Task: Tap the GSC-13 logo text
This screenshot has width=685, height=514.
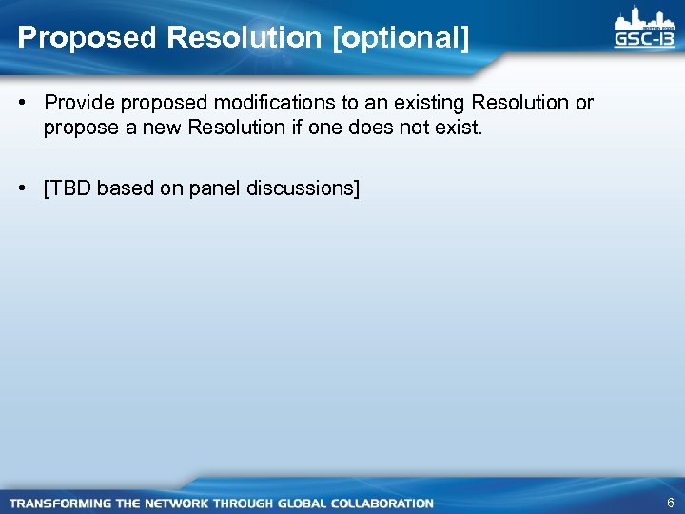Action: pyautogui.click(x=644, y=39)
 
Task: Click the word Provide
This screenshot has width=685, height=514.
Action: pyautogui.click(x=78, y=102)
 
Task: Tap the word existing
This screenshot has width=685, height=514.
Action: pyautogui.click(x=425, y=102)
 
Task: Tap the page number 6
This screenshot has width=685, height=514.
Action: pyautogui.click(x=670, y=503)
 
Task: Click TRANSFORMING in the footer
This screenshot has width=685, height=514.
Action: pyautogui.click(x=59, y=503)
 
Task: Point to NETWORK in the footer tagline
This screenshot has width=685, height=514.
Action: pyautogui.click(x=174, y=503)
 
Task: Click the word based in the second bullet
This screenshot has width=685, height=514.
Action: pyautogui.click(x=125, y=188)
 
